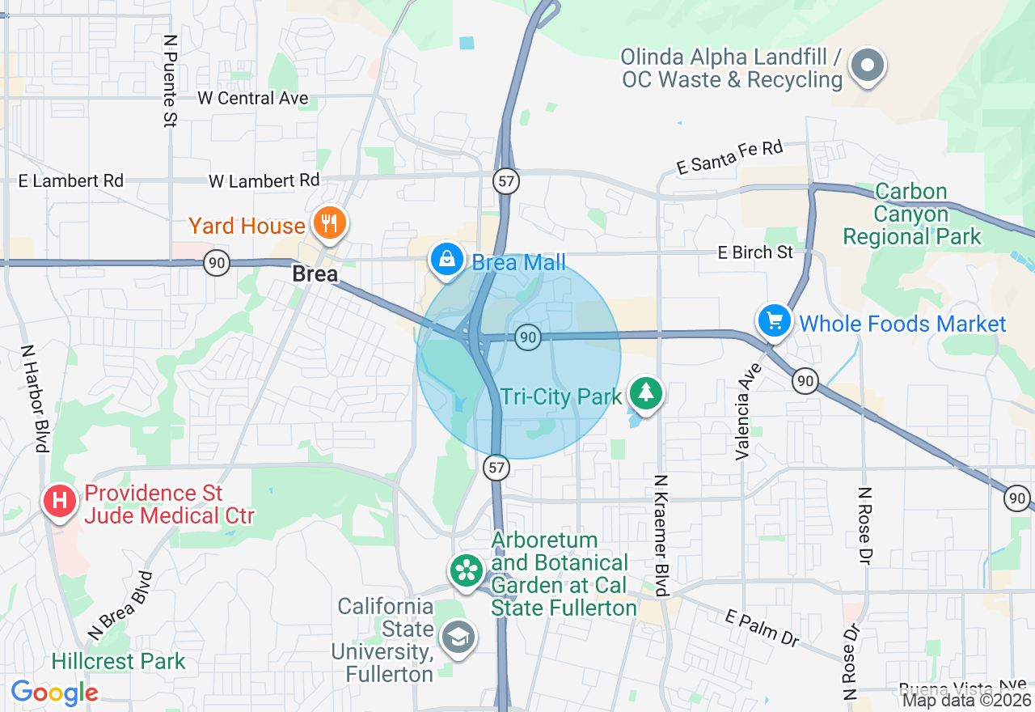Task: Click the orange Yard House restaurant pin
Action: [x=328, y=222]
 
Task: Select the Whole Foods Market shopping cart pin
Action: [x=775, y=321]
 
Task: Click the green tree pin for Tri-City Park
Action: [x=645, y=393]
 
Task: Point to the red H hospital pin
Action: [x=59, y=501]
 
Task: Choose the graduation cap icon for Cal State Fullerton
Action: [x=458, y=638]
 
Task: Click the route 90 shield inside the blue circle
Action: [x=528, y=337]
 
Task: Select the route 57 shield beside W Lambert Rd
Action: [x=507, y=180]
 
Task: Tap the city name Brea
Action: [x=315, y=274]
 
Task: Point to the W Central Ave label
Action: [x=253, y=98]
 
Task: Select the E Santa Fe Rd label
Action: [x=730, y=156]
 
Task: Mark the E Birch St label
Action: [x=755, y=252]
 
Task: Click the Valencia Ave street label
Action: [x=749, y=410]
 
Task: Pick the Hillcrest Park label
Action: [x=118, y=661]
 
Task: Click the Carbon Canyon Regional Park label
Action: [x=911, y=214]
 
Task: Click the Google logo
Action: [x=54, y=693]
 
